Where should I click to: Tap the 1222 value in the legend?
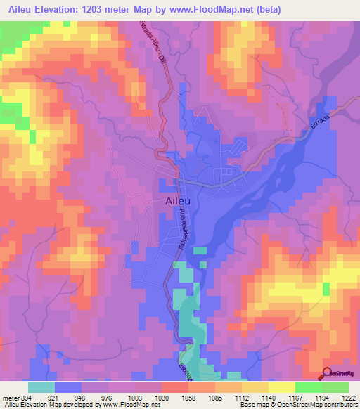[x=348, y=397]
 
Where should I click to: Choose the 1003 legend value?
[x=135, y=397]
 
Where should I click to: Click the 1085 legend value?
[x=215, y=397]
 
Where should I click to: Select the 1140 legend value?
[x=269, y=397]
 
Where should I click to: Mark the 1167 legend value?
[x=295, y=397]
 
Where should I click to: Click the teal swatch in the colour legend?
[x=41, y=387]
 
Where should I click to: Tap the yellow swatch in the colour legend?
[x=281, y=387]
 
